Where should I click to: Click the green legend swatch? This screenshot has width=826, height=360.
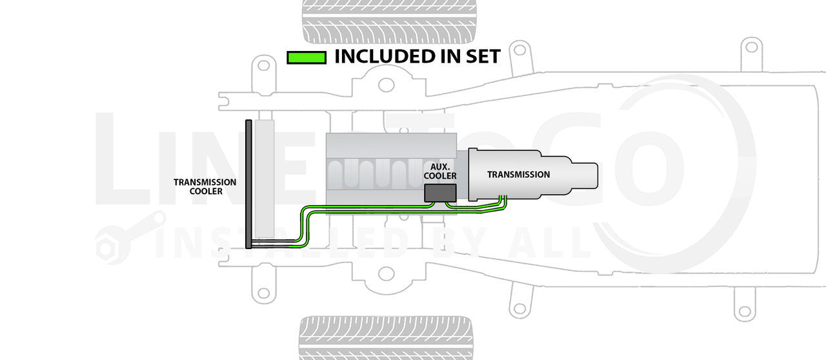(x=306, y=57)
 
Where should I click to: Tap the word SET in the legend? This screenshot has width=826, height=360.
(x=481, y=57)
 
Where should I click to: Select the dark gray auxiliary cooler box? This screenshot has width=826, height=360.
(x=440, y=191)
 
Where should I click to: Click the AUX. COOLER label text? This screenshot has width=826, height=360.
(x=443, y=171)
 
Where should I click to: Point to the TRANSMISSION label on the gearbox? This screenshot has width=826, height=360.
(x=518, y=175)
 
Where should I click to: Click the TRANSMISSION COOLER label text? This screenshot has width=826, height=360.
(x=205, y=186)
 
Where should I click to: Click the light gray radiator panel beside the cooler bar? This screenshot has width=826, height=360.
(x=265, y=177)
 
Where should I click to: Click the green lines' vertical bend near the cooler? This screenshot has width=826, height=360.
(x=303, y=226)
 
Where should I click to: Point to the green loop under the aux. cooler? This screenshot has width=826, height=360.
(x=448, y=205)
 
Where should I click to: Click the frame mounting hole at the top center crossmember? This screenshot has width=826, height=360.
(x=386, y=85)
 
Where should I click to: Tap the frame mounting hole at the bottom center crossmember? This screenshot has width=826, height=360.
(x=386, y=273)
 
